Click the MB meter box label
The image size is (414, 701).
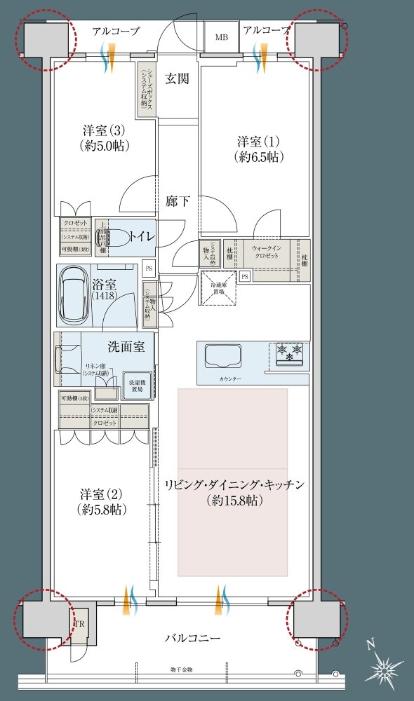pyautogui.click(x=221, y=37)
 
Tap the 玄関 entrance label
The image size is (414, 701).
pyautogui.click(x=177, y=79)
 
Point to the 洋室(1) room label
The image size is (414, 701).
pyautogui.click(x=259, y=149)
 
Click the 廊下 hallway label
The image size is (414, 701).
pyautogui.click(x=177, y=201)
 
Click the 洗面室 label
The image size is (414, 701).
pyautogui.click(x=126, y=346)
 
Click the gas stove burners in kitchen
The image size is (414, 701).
pyautogui.click(x=289, y=351)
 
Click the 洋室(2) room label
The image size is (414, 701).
pyautogui.click(x=103, y=501)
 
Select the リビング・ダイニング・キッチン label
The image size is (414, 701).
pyautogui.click(x=234, y=493)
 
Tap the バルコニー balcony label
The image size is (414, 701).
pyautogui.click(x=193, y=639)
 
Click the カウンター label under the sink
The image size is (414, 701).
pyautogui.click(x=229, y=379)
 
